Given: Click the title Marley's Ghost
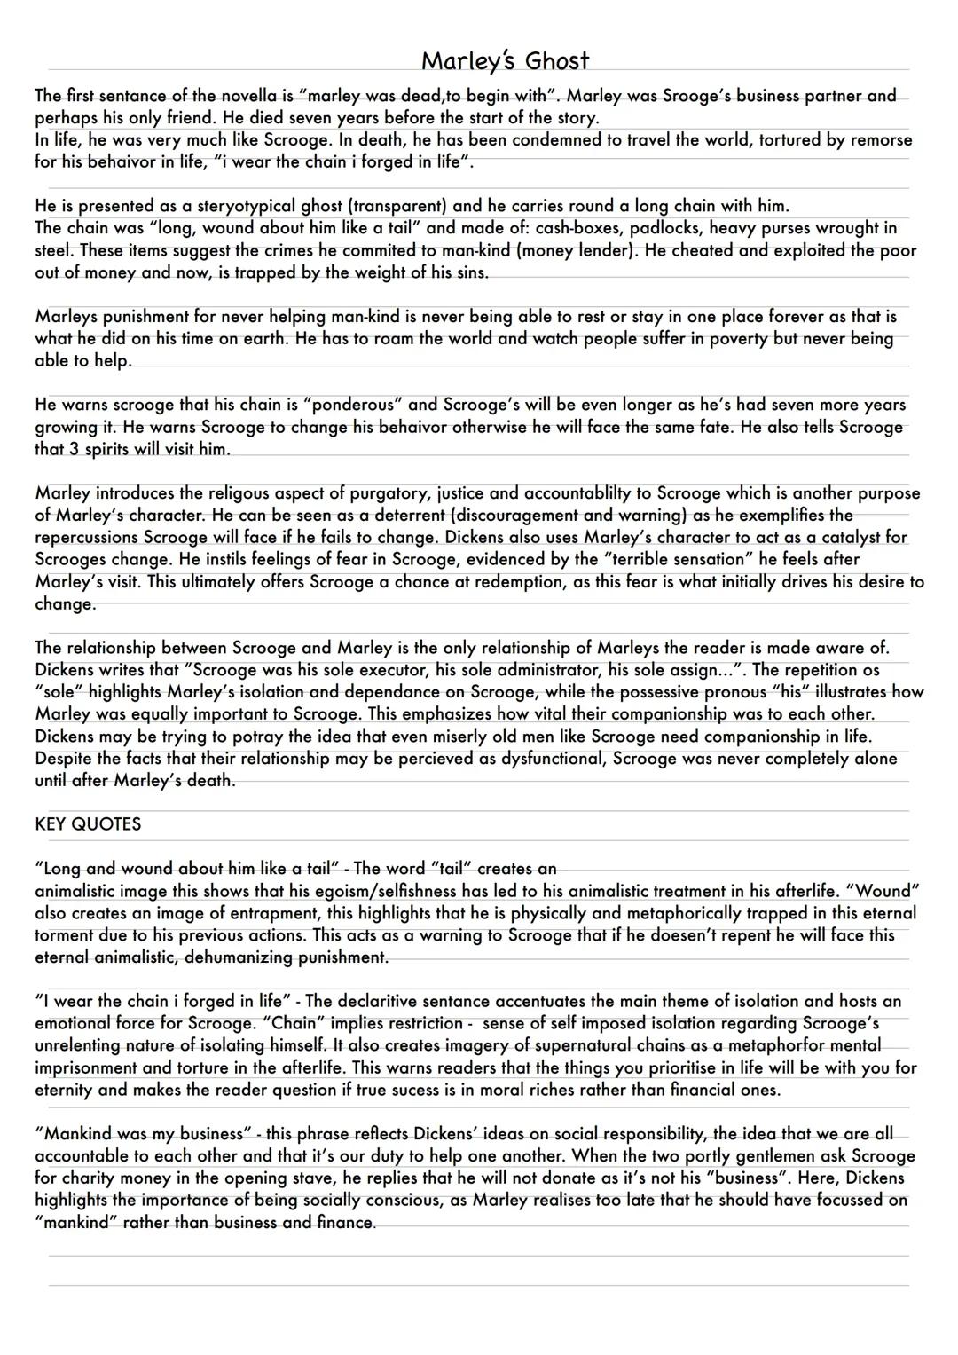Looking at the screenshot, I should click(504, 60).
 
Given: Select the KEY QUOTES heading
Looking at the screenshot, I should click(88, 824).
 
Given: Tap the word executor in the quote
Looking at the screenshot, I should click(365, 670).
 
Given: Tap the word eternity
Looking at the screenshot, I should click(68, 1090).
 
